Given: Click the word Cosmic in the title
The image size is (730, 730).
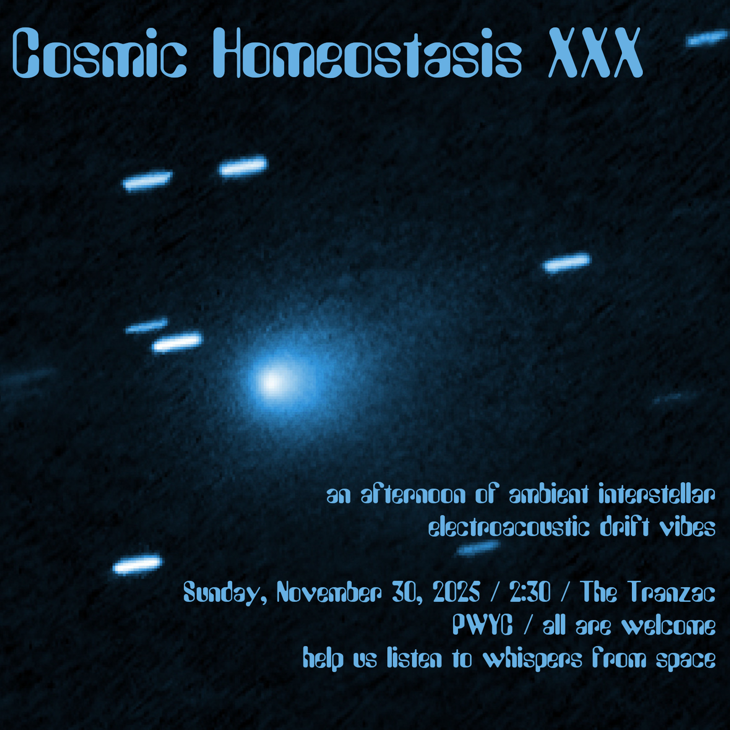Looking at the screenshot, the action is click(99, 52).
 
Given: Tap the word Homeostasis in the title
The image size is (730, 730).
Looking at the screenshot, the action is click(367, 52).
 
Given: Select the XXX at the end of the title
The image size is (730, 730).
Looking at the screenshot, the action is click(595, 52).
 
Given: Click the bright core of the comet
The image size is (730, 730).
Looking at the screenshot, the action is click(273, 381).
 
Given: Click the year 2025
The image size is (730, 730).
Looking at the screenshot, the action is click(456, 592).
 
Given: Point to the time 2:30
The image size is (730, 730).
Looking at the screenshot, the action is click(530, 592).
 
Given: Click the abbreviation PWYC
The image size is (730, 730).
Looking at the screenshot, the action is click(483, 625).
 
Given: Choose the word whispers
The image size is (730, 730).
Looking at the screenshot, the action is click(532, 659).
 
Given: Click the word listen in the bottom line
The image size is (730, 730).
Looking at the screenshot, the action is click(415, 658).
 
